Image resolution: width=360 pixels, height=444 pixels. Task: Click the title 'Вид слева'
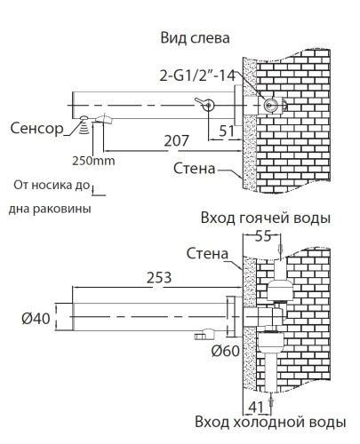[x=195, y=38]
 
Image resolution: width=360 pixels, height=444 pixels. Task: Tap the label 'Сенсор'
[x=36, y=128]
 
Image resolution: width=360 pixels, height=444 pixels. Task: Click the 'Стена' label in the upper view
[x=191, y=168]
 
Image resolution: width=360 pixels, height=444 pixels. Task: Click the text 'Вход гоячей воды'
[x=266, y=218]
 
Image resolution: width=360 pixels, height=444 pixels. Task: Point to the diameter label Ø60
[x=228, y=350]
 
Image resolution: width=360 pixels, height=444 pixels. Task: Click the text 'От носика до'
[x=52, y=186]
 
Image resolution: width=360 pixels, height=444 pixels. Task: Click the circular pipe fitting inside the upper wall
[x=271, y=106]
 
